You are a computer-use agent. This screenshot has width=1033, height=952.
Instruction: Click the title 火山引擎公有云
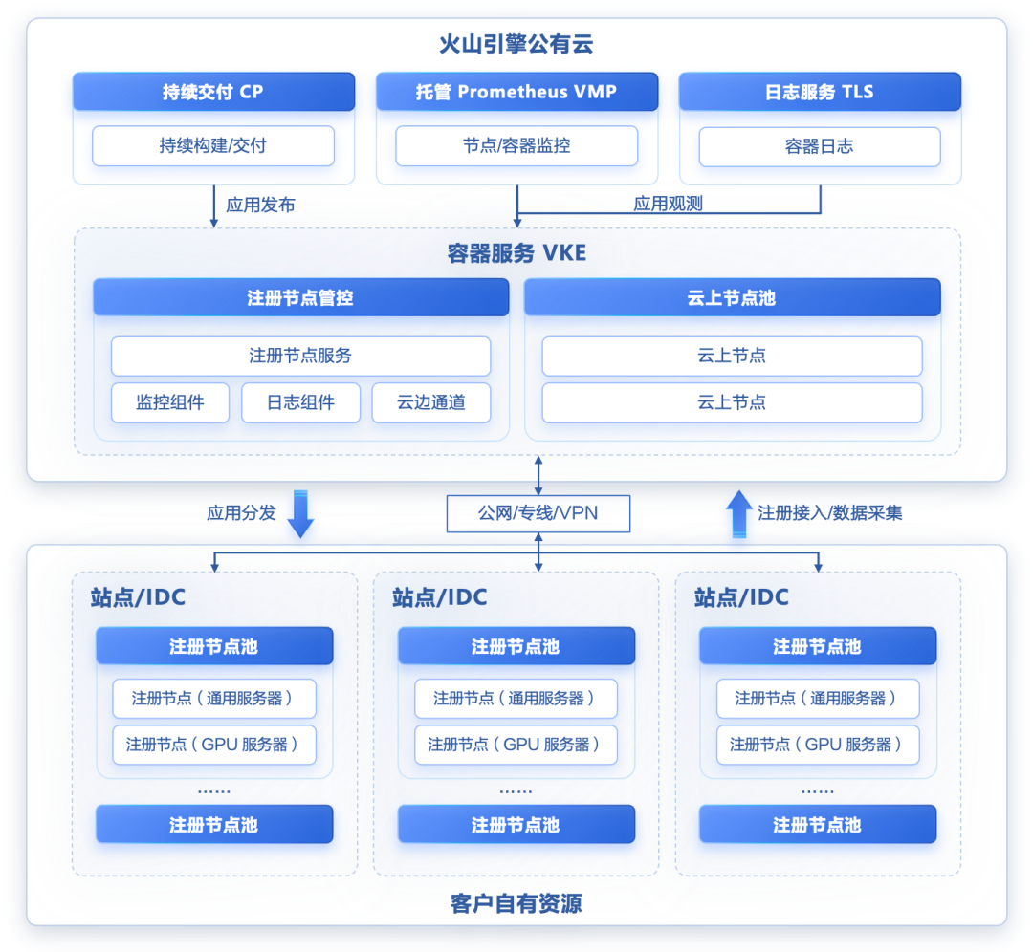516,44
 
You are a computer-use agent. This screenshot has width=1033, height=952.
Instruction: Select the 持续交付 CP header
213,92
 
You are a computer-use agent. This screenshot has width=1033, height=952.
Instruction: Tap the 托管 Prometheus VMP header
516,92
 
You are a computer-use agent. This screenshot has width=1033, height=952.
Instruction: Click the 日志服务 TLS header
820,92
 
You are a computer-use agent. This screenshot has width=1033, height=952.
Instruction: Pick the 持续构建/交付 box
213,145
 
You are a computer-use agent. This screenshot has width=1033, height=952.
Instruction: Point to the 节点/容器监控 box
516,145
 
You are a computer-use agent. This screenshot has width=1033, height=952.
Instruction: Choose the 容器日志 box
820,146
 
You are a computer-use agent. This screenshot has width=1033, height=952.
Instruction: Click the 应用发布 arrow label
260,205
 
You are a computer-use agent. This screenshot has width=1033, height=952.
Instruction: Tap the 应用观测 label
668,204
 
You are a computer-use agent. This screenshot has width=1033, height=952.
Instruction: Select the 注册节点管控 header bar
301,297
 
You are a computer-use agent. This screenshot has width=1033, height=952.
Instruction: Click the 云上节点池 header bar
732,297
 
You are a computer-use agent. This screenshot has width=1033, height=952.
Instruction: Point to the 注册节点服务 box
301,356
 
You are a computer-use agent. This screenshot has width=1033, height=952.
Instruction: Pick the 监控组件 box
170,402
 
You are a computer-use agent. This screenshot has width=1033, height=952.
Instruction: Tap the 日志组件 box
301,402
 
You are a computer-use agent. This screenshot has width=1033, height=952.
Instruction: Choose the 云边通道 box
431,402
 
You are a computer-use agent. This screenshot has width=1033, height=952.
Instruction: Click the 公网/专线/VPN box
538,513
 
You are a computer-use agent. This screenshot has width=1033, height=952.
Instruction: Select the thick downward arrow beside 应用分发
300,514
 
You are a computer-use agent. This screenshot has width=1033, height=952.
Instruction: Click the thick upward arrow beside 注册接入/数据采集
739,514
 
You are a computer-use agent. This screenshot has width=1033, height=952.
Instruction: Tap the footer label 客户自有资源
516,903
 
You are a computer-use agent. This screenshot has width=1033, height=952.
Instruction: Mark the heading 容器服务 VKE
516,252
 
